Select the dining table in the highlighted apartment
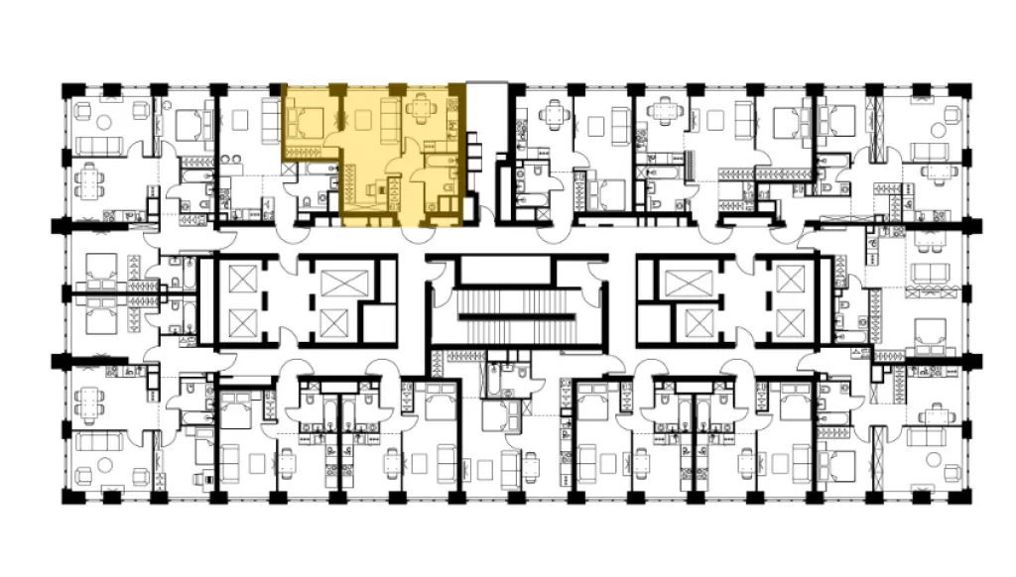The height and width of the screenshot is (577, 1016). pos(422,107)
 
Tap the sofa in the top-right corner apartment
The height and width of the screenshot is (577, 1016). pos(931,151)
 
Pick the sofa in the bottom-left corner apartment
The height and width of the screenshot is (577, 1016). pos(99,442)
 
